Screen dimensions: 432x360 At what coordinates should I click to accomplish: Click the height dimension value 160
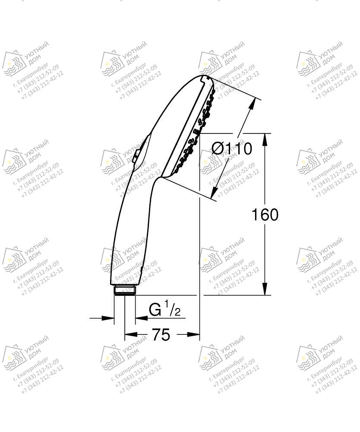pos(265,215)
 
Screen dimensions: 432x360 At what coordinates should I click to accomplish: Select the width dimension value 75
pos(161,334)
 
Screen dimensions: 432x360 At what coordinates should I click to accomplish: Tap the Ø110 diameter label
pos(231,149)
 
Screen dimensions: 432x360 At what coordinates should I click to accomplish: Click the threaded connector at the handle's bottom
pos(125,290)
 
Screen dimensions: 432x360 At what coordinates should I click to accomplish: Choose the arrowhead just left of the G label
pos(140,318)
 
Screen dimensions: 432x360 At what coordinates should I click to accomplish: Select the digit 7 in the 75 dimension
pos(155,334)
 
